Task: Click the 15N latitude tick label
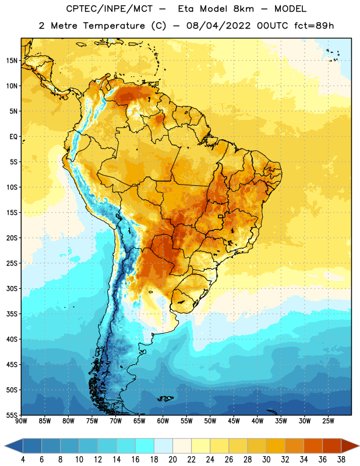[x=12, y=61]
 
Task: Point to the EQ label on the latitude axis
[x=13, y=137]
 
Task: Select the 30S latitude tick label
[x=12, y=288]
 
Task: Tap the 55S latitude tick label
[x=12, y=415]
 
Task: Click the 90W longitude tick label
[x=21, y=421]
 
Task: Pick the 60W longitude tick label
[x=163, y=421]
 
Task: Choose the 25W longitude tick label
[x=328, y=421]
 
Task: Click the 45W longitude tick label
[x=234, y=421]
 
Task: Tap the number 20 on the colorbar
[x=172, y=460]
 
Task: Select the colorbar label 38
[x=341, y=460]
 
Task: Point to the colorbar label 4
[x=23, y=460]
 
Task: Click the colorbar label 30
[x=266, y=460]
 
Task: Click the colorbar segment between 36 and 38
[x=332, y=446]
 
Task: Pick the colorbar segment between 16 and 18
[x=145, y=446]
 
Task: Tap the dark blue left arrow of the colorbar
[x=13, y=446]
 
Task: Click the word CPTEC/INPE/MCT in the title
[x=110, y=9]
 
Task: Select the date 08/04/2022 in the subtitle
[x=218, y=26]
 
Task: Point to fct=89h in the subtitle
[x=314, y=26]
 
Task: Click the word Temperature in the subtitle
[x=114, y=26]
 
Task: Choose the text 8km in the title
[x=243, y=9]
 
